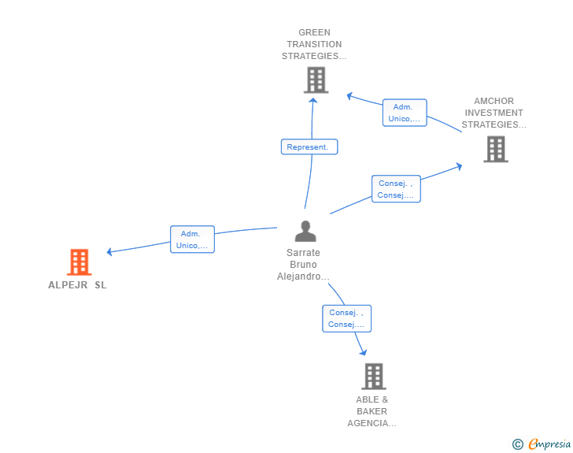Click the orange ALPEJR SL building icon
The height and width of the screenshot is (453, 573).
(79, 262)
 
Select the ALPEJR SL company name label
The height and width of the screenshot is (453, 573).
(77, 285)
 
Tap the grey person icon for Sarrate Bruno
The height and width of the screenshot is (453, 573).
(305, 231)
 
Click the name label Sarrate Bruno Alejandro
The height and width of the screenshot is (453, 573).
(303, 265)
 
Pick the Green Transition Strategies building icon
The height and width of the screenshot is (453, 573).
(316, 80)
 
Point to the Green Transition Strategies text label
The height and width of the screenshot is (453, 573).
(314, 45)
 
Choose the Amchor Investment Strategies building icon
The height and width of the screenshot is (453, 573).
(495, 149)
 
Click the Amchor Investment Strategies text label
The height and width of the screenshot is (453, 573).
(494, 113)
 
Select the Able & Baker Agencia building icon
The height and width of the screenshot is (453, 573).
(373, 377)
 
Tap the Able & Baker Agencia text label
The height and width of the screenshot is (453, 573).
(372, 411)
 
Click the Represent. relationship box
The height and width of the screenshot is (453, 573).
(309, 147)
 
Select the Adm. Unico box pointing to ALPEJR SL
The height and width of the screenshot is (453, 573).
(192, 239)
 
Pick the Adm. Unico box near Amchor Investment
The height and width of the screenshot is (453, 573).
(405, 113)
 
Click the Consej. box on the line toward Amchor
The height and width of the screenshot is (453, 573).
(396, 189)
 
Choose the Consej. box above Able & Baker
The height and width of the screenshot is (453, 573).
(346, 318)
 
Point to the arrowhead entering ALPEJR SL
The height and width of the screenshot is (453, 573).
(110, 252)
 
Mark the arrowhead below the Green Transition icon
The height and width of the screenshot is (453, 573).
(313, 100)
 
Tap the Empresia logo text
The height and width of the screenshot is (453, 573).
(549, 444)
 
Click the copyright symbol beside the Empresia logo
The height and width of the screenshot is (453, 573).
(518, 444)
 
